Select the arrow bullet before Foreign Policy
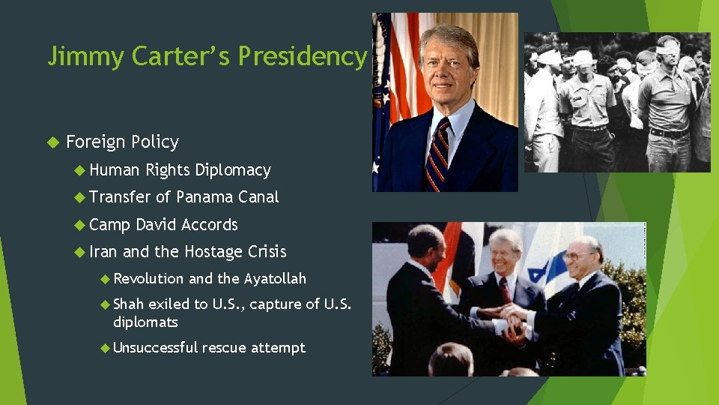[52, 142]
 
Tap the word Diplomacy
[232, 170]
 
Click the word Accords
[209, 224]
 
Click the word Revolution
[148, 279]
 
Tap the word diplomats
[145, 321]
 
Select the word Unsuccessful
[155, 347]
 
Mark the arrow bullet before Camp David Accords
[81, 224]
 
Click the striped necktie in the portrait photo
[436, 154]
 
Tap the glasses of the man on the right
[576, 256]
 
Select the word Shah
[128, 304]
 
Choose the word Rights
[168, 170]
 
